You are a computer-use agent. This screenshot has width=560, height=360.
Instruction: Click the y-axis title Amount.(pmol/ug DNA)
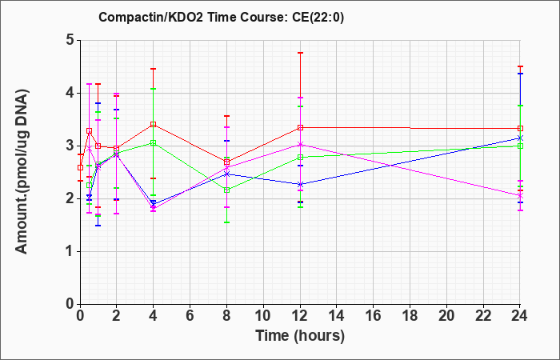[x=22, y=171]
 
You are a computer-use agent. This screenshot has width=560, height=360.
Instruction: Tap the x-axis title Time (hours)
[x=300, y=336]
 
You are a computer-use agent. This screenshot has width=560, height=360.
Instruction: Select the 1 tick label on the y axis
[x=70, y=251]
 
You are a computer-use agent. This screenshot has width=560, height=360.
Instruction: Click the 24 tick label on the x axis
[x=520, y=316]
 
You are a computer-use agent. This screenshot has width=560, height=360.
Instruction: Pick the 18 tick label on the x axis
[x=410, y=316]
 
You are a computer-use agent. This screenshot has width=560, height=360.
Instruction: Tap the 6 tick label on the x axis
[x=190, y=316]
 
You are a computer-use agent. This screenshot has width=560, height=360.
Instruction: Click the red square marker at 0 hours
[x=80, y=167]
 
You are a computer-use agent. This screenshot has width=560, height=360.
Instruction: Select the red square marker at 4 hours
[x=154, y=124]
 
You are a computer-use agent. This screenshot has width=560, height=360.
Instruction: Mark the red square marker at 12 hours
[x=300, y=127]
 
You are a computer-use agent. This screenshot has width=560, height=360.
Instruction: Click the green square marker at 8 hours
[x=226, y=190]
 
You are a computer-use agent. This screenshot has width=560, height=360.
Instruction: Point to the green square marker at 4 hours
[x=154, y=143]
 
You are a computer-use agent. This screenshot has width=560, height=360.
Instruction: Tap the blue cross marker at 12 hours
[x=300, y=185]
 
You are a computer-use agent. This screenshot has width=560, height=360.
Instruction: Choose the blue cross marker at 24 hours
[x=520, y=138]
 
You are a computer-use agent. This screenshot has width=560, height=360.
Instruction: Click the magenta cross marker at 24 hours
[x=520, y=196]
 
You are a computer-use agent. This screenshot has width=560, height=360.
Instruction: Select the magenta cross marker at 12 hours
[x=300, y=145]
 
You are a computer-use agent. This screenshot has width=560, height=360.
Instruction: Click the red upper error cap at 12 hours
[x=300, y=53]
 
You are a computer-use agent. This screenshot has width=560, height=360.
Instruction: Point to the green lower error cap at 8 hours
[x=226, y=222]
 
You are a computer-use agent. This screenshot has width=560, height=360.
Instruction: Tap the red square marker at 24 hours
[x=520, y=128]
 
